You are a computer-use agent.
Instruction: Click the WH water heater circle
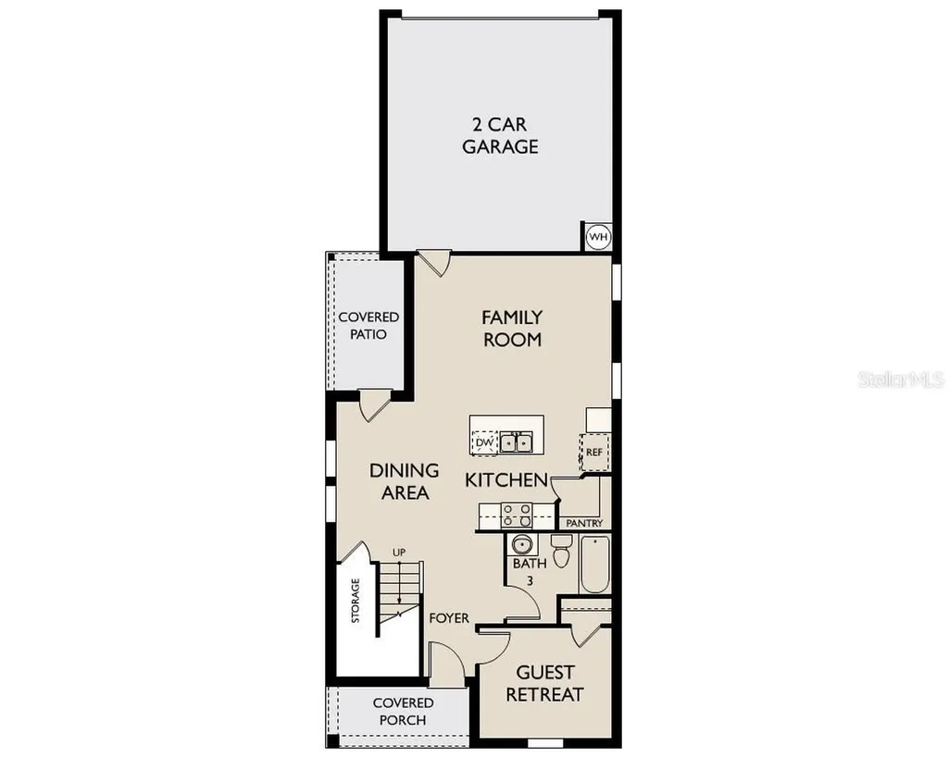pos(598,236)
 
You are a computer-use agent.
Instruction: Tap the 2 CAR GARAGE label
pos(500,135)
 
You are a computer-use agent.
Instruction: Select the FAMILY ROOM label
pos(512,329)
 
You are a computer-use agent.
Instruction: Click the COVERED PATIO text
pos(368,325)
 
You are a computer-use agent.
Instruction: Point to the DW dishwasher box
pos(484,442)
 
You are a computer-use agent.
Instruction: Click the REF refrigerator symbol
pos(594,452)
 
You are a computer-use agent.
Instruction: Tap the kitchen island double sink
pos(516,442)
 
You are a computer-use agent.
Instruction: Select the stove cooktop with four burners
pos(517,515)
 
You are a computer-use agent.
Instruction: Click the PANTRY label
pos(584,523)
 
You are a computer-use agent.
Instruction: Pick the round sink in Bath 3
pos(521,544)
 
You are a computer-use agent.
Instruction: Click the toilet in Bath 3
pos(562,551)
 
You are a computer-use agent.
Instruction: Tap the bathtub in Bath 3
pos(595,564)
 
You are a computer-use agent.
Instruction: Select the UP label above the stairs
pos(399,552)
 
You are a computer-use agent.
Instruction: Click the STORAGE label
pos(355,601)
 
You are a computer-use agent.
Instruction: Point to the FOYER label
pos(449,617)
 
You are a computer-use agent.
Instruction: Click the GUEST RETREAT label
pos(544,683)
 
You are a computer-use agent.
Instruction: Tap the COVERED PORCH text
pos(403,712)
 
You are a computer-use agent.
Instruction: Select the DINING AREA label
pos(405,481)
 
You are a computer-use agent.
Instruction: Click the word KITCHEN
pos(506,480)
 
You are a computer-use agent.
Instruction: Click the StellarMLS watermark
pos(901,379)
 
